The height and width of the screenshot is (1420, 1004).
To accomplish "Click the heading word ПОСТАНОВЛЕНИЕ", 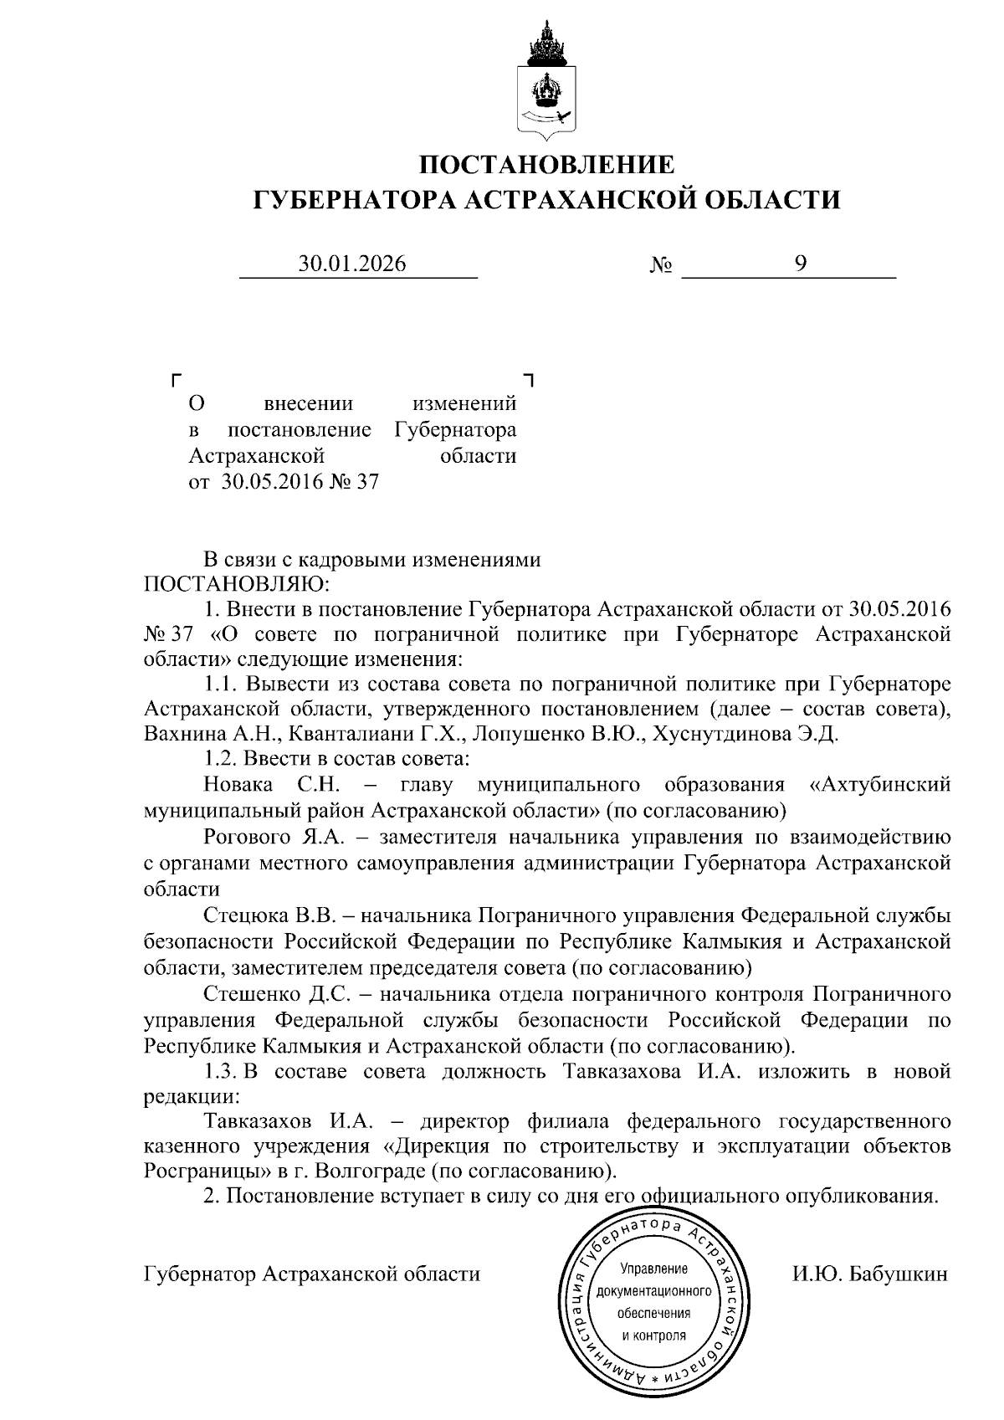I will pyautogui.click(x=546, y=163).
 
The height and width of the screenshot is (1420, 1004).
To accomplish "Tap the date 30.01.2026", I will pyautogui.click(x=353, y=264).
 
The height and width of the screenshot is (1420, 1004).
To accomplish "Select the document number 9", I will pyautogui.click(x=801, y=264).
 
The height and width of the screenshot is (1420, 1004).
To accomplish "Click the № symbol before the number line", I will pyautogui.click(x=661, y=266).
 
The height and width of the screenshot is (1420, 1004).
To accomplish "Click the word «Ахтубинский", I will pyautogui.click(x=882, y=784).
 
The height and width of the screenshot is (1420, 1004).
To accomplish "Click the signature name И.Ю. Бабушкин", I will pyautogui.click(x=870, y=1274).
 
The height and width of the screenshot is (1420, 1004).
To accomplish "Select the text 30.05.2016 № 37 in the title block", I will pyautogui.click(x=300, y=482).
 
